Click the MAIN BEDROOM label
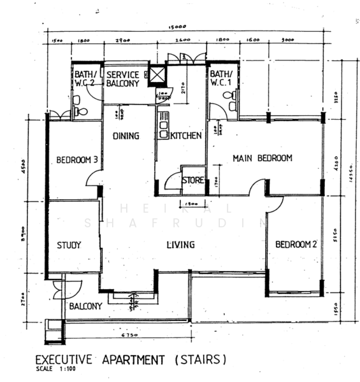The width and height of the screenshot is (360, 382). [262, 158]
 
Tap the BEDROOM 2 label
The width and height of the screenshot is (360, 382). [296, 244]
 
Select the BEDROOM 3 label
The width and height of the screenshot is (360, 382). [76, 160]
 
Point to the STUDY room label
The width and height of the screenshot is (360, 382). [68, 245]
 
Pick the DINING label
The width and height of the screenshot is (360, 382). [126, 136]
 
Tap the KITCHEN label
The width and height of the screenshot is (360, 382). [185, 136]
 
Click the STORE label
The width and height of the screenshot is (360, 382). [193, 181]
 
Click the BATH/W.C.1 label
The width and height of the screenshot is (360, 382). [224, 79]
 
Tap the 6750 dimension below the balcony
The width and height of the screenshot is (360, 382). [130, 332]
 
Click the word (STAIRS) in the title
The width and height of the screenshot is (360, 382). [199, 360]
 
